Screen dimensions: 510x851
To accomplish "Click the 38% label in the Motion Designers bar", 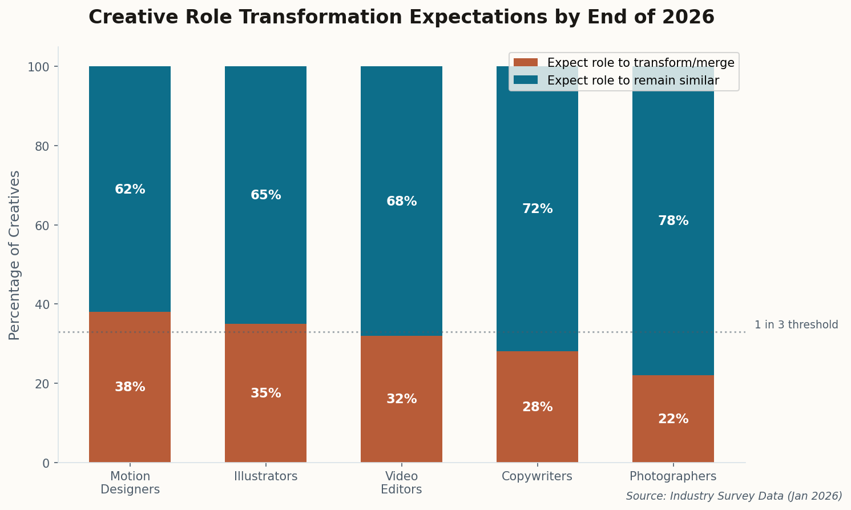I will pyautogui.click(x=130, y=387).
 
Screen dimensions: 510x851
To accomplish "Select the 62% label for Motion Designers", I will pyautogui.click(x=130, y=190).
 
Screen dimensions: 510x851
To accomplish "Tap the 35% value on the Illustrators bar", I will pyautogui.click(x=265, y=393).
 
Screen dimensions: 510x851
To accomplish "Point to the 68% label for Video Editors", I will pyautogui.click(x=401, y=202).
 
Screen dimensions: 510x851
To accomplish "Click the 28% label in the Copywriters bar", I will pyautogui.click(x=537, y=407).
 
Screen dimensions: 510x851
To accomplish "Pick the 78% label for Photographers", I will pyautogui.click(x=673, y=221).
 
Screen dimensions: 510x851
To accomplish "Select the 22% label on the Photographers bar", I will pyautogui.click(x=673, y=419).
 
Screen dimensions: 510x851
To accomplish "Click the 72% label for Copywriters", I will pyautogui.click(x=537, y=209).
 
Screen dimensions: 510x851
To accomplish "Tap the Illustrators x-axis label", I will pyautogui.click(x=265, y=476).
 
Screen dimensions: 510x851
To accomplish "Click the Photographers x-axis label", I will pyautogui.click(x=673, y=476).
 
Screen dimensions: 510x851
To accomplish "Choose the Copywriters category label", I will pyautogui.click(x=537, y=476).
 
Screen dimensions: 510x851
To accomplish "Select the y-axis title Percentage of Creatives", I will pyautogui.click(x=15, y=255).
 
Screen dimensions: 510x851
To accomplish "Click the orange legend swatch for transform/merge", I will pyautogui.click(x=525, y=63).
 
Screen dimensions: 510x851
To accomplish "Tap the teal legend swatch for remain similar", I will pyautogui.click(x=525, y=81).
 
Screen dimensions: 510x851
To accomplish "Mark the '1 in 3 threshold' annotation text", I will pyautogui.click(x=796, y=325).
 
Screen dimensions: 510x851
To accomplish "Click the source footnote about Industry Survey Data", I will pyautogui.click(x=734, y=496).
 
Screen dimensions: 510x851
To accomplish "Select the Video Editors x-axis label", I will pyautogui.click(x=401, y=483).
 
